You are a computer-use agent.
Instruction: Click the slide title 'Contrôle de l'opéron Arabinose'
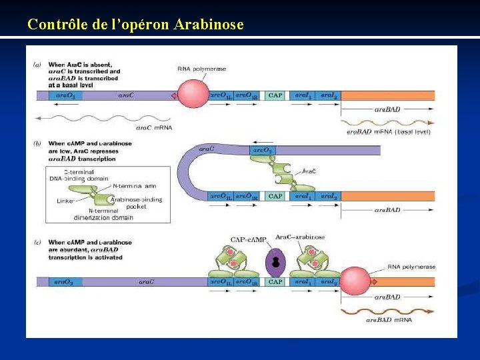click(x=135, y=25)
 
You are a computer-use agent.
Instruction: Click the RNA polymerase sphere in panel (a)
click(x=193, y=95)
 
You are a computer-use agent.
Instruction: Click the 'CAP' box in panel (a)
click(x=275, y=95)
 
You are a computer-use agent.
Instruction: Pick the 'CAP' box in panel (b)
click(x=275, y=196)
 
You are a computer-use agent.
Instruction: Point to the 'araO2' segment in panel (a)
click(x=65, y=95)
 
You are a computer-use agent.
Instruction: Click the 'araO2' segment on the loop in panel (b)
click(x=262, y=151)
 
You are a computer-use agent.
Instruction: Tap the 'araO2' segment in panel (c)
click(x=65, y=281)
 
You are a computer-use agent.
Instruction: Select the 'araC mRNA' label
click(x=154, y=127)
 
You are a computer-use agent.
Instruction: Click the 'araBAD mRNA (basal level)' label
click(x=389, y=132)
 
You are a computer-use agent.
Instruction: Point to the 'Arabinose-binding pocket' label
click(x=136, y=203)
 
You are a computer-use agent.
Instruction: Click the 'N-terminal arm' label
click(x=135, y=185)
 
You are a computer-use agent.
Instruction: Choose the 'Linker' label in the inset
click(x=65, y=201)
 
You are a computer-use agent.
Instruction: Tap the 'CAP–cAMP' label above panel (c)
click(x=249, y=239)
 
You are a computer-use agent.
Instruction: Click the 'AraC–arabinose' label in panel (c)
click(x=300, y=237)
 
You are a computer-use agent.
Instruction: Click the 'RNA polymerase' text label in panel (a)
click(x=201, y=69)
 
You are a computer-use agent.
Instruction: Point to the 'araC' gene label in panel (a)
click(x=126, y=95)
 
